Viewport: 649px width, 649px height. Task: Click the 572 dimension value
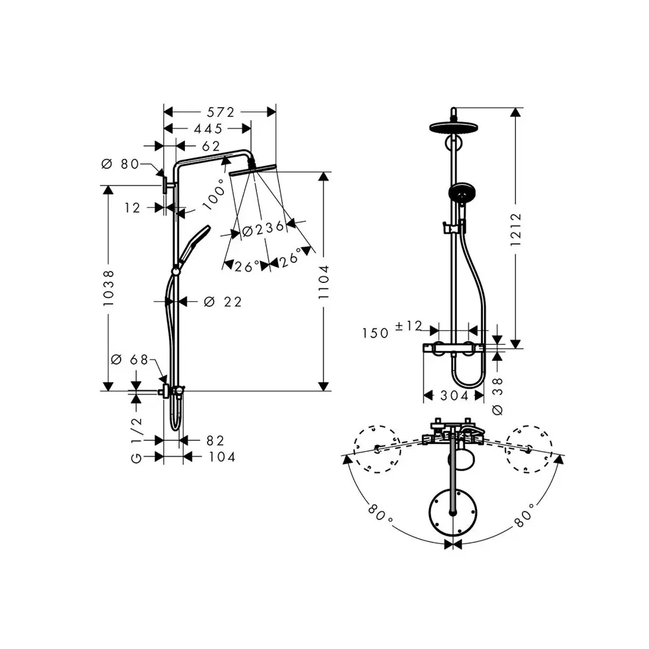click(x=221, y=112)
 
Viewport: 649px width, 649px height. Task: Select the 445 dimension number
click(x=208, y=129)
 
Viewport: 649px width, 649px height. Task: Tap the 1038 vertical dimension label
click(x=108, y=288)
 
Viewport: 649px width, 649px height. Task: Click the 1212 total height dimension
click(x=516, y=229)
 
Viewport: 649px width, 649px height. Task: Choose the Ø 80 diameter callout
click(x=120, y=164)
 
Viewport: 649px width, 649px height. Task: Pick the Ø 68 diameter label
click(x=130, y=360)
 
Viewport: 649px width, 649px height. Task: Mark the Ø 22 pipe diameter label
click(x=223, y=302)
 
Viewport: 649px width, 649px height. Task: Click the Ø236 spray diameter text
click(x=263, y=229)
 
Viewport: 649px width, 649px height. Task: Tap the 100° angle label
click(x=214, y=195)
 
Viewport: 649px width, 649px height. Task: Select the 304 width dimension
click(x=454, y=396)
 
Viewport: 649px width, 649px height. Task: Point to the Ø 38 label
click(x=498, y=396)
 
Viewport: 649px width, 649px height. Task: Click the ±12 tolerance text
click(x=408, y=326)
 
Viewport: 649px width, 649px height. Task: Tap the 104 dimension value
click(x=222, y=457)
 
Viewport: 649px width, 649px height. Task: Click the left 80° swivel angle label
click(x=380, y=513)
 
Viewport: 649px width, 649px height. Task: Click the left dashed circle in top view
click(x=376, y=449)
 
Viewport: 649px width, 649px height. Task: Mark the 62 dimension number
click(x=211, y=146)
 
